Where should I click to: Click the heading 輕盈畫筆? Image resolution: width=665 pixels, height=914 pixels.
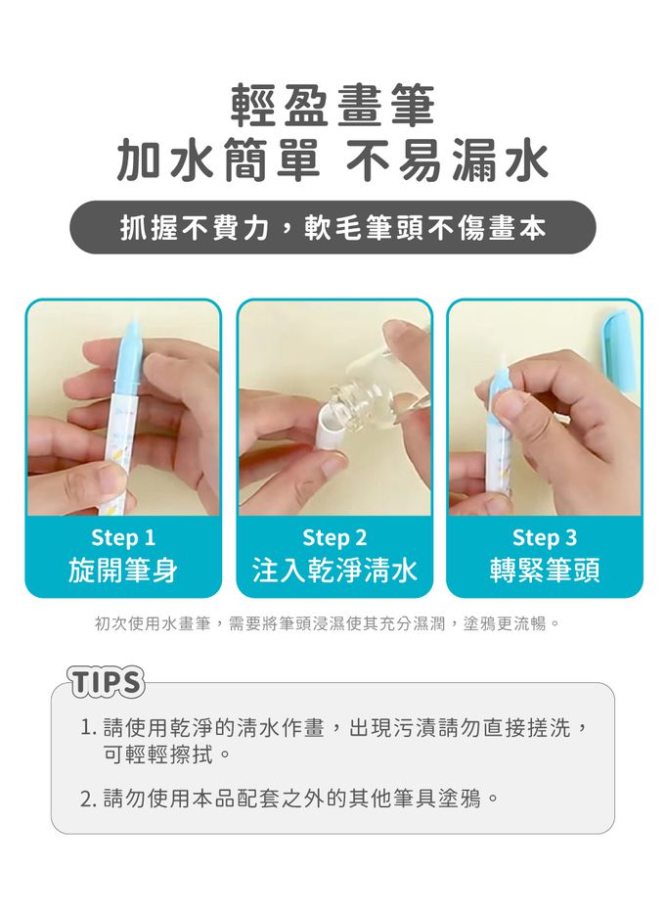[x=332, y=106]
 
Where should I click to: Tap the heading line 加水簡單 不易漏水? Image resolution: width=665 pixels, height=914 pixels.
[x=332, y=160]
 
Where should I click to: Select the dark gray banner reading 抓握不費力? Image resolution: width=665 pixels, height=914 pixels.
[x=332, y=227]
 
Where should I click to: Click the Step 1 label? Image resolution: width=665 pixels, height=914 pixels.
[x=123, y=537]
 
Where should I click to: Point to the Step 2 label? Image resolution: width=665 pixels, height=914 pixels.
[x=334, y=537]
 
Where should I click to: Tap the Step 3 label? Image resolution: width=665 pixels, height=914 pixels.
[x=545, y=537]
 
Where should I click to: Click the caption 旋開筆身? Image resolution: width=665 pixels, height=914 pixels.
[x=123, y=570]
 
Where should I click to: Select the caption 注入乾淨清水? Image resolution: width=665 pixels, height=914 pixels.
[x=334, y=570]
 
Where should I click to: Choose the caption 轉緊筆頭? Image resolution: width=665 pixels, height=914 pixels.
[x=545, y=570]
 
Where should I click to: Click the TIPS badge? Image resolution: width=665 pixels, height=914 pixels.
[x=107, y=682]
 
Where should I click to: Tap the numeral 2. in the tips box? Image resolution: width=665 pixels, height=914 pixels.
[x=89, y=799]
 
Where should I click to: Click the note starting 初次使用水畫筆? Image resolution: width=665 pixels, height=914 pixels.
[x=327, y=624]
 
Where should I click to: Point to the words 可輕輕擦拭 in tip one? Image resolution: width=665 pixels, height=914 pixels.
[x=157, y=755]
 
